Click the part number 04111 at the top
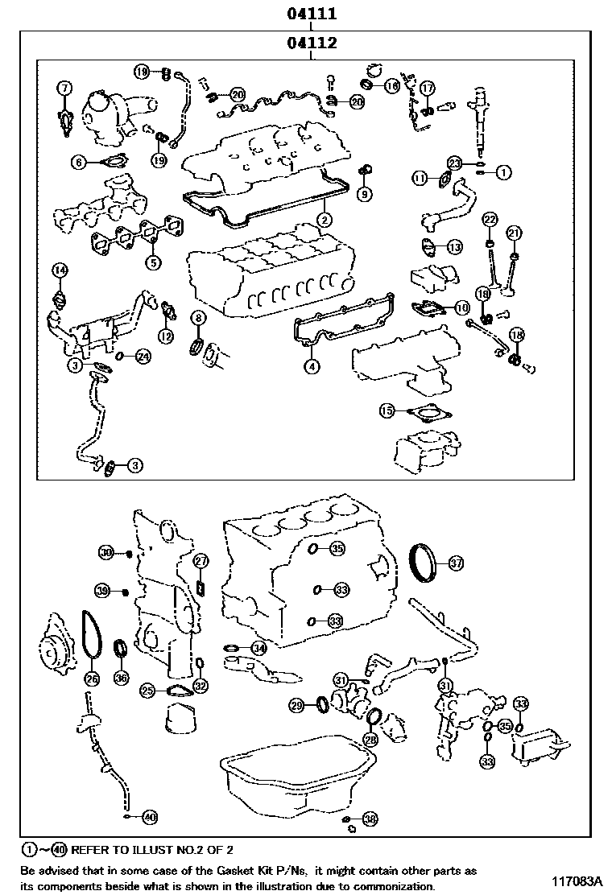pos(311,14)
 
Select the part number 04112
pos(311,43)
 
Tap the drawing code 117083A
pos(577,880)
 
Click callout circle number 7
pos(64,87)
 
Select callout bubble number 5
pos(151,262)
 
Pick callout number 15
pos(387,411)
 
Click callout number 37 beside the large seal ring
pos(456,563)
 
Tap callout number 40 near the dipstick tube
pos(149,816)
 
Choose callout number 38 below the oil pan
pos(369,819)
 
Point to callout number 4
pos(311,366)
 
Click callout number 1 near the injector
pos(504,171)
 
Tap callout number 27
pos(201,561)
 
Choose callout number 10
pos(461,307)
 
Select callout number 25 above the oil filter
pos(147,690)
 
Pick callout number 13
pos(454,246)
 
